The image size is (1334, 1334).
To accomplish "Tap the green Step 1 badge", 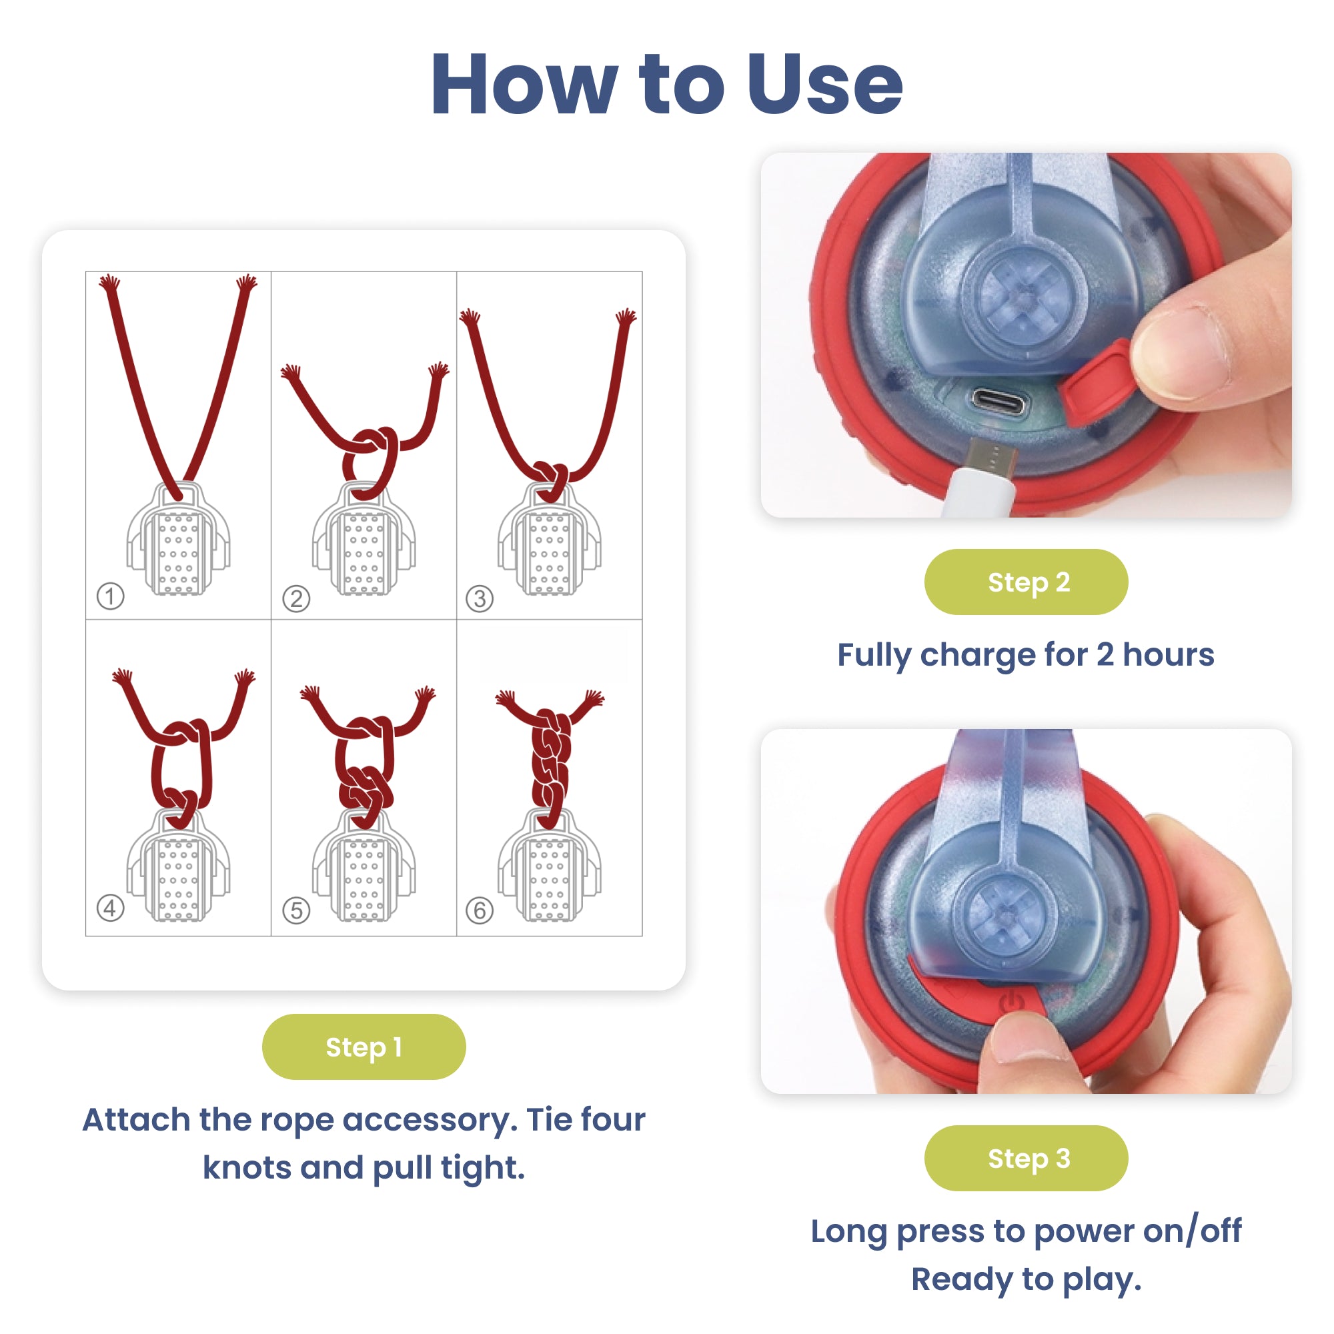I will pyautogui.click(x=364, y=1047).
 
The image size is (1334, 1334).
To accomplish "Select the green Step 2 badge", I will pyautogui.click(x=1025, y=582).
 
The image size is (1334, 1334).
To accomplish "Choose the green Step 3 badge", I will pyautogui.click(x=1025, y=1158).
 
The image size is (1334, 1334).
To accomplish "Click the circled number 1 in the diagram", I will pyautogui.click(x=111, y=596).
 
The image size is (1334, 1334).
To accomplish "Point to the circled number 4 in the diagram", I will pyautogui.click(x=111, y=908).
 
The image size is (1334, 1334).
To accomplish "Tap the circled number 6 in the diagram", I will pyautogui.click(x=480, y=910).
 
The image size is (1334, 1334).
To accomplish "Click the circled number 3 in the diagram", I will pyautogui.click(x=480, y=598).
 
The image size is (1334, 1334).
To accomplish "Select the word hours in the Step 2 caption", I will pyautogui.click(x=1169, y=654).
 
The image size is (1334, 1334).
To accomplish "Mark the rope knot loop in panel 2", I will pyautogui.click(x=372, y=462).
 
